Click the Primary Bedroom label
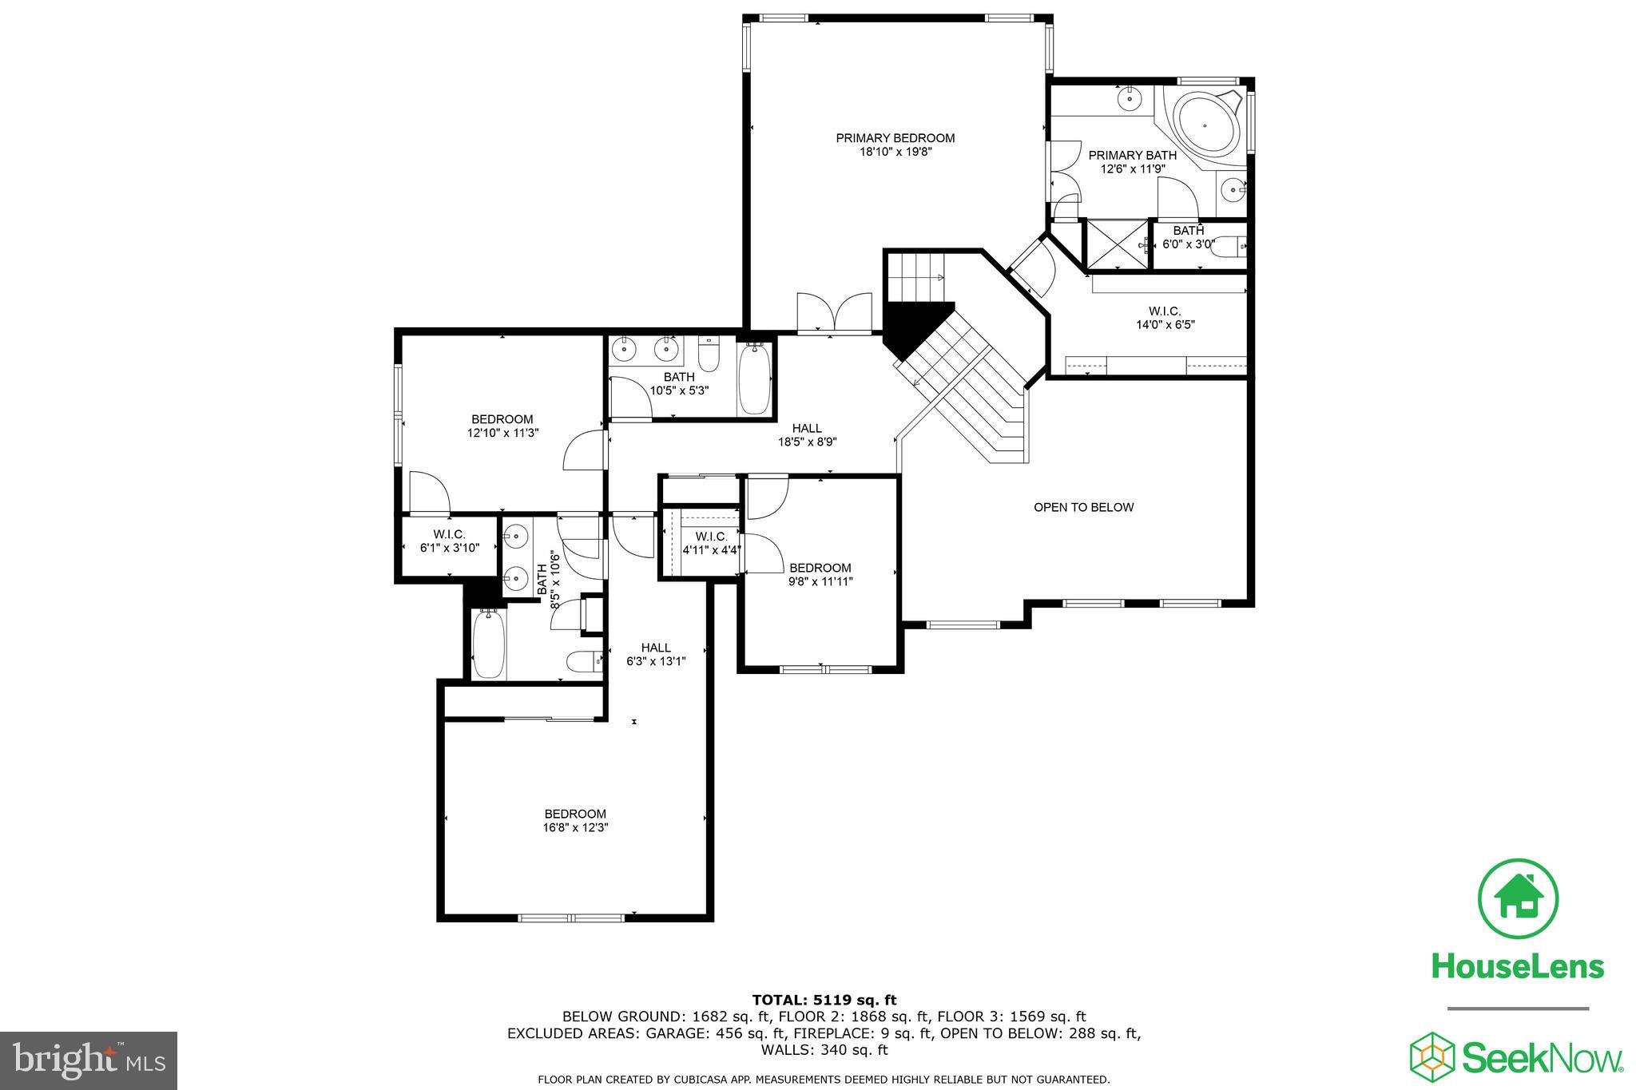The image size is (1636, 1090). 895,138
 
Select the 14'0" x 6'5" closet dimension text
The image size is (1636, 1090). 1165,325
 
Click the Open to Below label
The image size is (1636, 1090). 1083,507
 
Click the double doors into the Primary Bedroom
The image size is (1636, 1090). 834,313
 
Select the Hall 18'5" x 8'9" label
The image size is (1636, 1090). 807,435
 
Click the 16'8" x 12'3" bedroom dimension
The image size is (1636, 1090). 575,828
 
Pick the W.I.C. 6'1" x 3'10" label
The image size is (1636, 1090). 449,541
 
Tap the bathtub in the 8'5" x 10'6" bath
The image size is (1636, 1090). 486,644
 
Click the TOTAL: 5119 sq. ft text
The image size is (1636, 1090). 824,1000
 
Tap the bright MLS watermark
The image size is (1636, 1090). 89,1060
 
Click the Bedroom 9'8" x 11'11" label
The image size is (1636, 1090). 820,575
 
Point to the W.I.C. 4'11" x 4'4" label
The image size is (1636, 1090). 711,543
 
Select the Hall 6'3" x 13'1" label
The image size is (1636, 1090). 656,654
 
